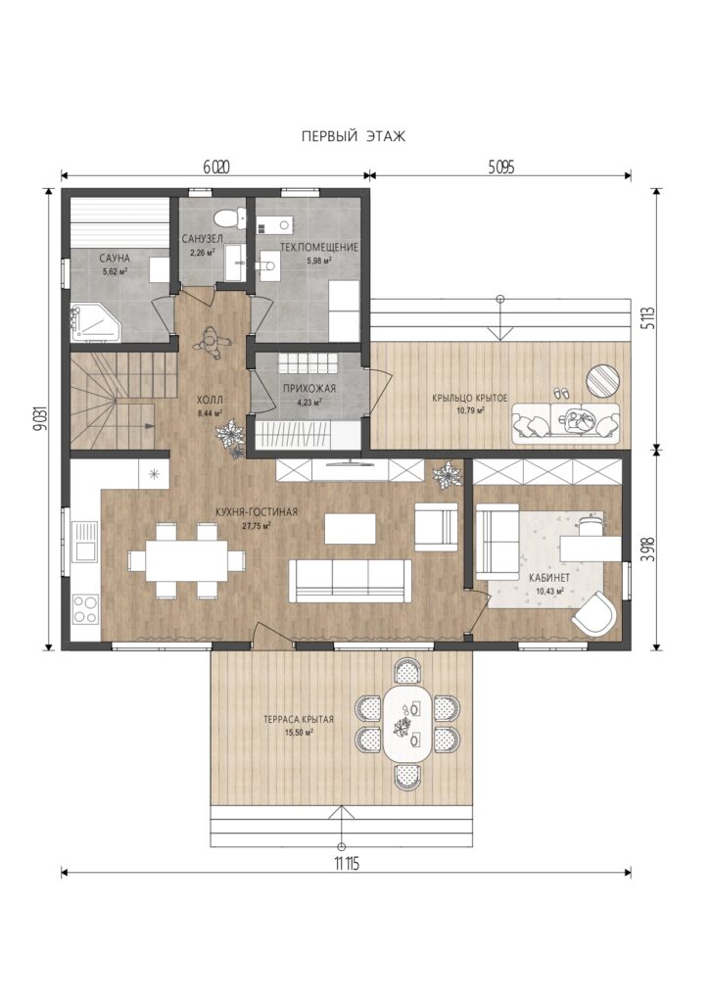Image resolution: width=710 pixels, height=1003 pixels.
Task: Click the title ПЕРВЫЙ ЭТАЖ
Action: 354,136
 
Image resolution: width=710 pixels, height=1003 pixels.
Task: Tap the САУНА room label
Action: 115,259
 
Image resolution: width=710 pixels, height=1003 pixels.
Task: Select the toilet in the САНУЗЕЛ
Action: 228,218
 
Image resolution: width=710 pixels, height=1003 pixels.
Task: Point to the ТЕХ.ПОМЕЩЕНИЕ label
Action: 318,247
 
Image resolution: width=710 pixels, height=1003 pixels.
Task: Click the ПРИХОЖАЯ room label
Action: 309,388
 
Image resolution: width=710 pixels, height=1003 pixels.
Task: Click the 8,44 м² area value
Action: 210,412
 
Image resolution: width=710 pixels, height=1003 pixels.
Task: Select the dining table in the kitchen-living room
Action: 187,561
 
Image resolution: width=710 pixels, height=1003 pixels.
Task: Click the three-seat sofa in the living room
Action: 351,580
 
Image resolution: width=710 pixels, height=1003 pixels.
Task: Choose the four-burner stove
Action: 85,609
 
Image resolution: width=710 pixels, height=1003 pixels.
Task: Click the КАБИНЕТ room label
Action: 549,577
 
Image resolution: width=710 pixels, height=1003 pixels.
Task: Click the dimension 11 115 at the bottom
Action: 346,865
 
